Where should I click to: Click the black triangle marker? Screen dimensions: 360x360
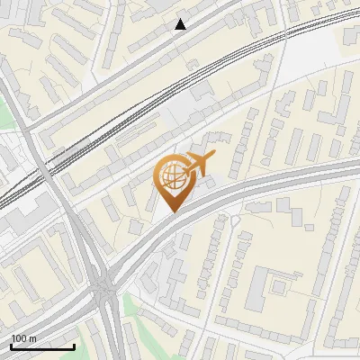pos(181,24)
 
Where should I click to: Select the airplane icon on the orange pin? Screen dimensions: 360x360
pos(200,164)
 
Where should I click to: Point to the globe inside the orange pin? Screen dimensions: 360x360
pos(173,177)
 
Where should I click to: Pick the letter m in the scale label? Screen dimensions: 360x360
pos(32,338)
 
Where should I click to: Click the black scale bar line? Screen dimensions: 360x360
pos(42,346)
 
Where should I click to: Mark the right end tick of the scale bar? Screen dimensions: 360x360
pos(74,345)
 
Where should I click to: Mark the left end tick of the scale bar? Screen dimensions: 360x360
pos(11,345)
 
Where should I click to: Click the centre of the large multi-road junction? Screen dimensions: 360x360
pos(106,286)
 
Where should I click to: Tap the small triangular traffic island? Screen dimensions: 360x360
pos(235,219)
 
